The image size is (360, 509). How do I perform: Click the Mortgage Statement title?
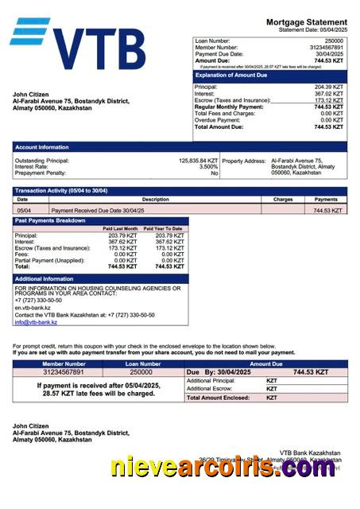(x=306, y=21)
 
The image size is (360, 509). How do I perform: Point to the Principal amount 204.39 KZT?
(x=328, y=87)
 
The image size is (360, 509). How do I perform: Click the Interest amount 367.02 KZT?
(x=328, y=94)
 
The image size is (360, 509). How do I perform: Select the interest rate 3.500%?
(x=208, y=166)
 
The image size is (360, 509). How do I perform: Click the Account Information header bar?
(x=180, y=147)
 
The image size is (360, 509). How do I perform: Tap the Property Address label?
(x=243, y=161)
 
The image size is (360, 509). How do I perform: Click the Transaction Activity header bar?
(x=180, y=191)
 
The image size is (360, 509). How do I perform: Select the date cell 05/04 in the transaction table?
(x=25, y=211)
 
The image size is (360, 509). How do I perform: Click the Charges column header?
(x=283, y=200)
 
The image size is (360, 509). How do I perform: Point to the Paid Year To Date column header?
(x=163, y=228)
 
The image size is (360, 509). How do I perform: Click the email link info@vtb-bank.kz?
(x=36, y=322)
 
